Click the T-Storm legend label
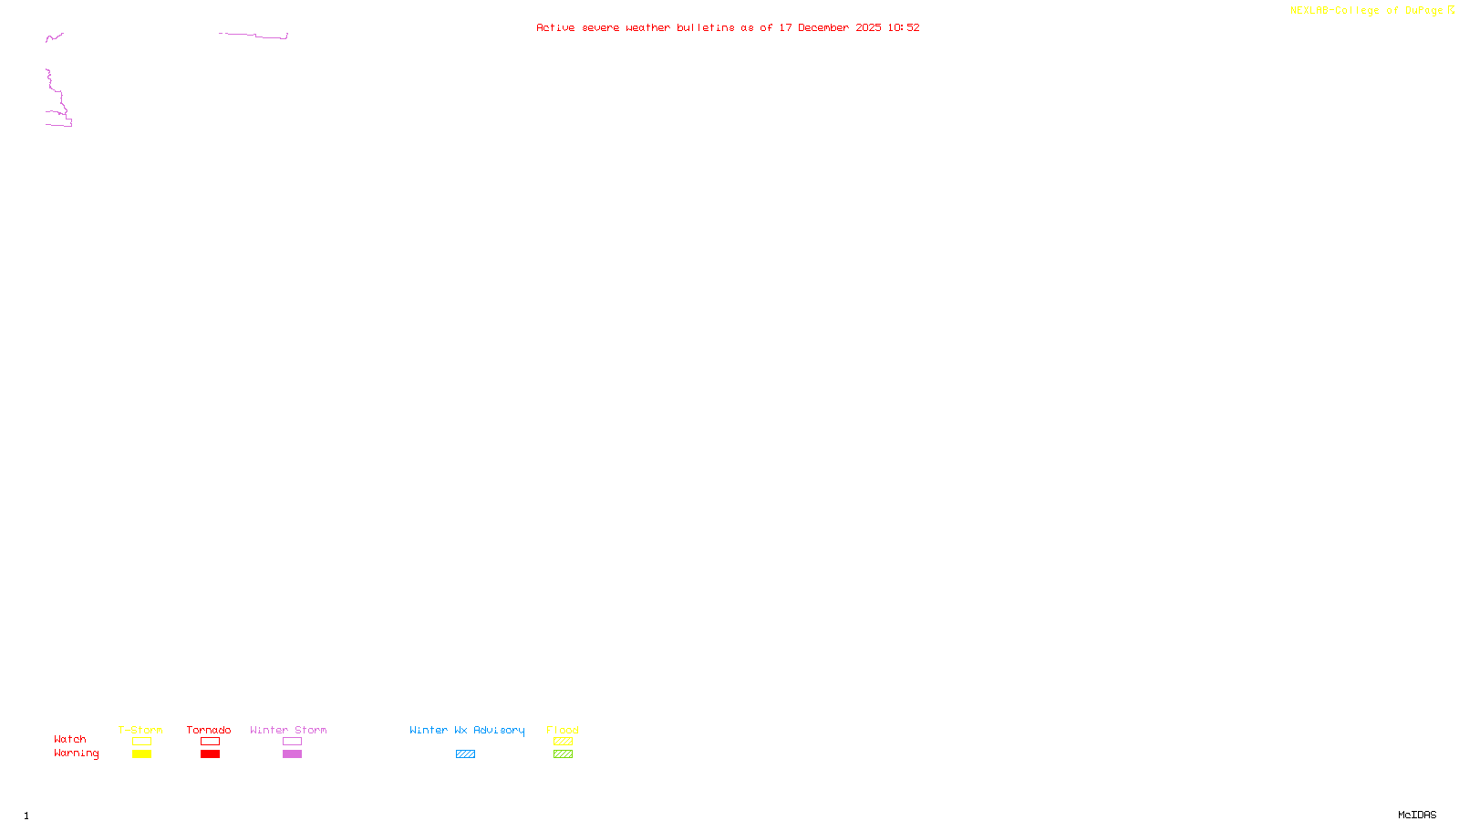coord(140,730)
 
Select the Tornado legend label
coord(209,730)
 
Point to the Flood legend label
coord(563,730)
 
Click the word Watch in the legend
coord(70,740)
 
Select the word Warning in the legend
coord(76,753)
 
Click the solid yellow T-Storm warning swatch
coord(141,754)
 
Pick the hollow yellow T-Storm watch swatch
coord(141,742)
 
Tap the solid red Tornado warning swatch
coord(211,754)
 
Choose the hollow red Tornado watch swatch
coord(211,742)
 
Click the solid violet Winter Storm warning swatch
coord(292,754)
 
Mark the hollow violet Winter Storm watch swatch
coord(292,742)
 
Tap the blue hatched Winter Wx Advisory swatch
coord(465,754)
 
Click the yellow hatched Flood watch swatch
coord(563,742)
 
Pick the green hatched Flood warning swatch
coord(563,754)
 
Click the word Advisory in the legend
coord(499,730)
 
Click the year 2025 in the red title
coord(868,27)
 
